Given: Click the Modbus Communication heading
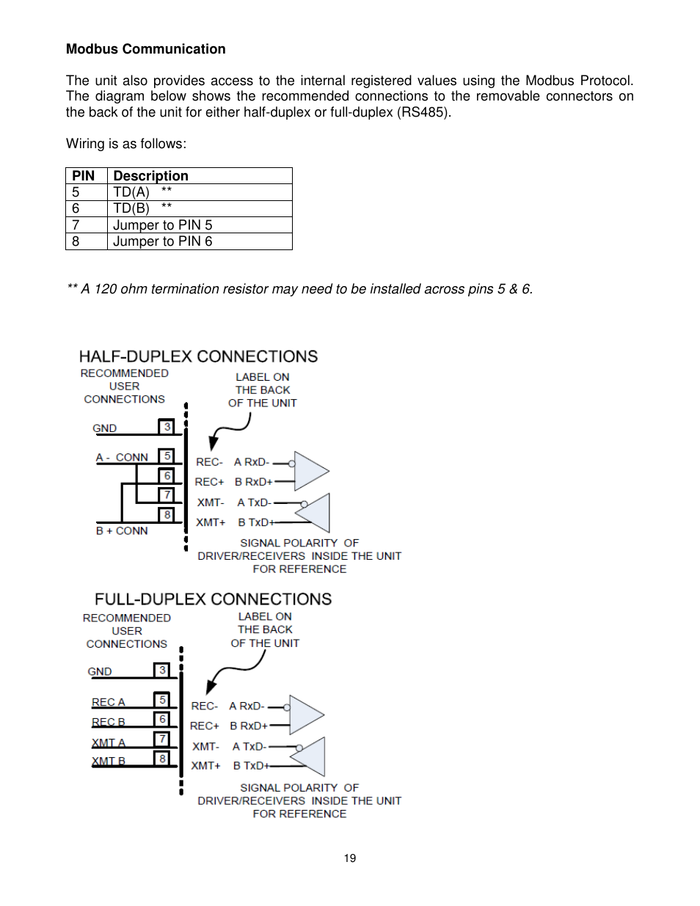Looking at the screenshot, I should [x=145, y=49].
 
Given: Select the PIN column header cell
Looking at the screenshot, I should [x=84, y=176].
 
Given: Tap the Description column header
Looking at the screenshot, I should [x=150, y=176].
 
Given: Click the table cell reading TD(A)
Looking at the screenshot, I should [x=132, y=192].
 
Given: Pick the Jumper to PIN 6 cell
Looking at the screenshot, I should [x=163, y=241].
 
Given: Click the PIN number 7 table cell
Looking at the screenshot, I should [x=76, y=225].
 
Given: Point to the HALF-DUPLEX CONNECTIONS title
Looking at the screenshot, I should [x=198, y=357].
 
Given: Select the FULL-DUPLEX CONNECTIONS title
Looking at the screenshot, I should [x=213, y=599].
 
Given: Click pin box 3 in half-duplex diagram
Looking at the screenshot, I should [x=167, y=427].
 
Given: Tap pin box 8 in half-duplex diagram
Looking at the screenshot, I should [x=167, y=515].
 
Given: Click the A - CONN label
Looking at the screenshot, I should [x=122, y=458].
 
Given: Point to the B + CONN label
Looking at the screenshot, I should [x=122, y=530].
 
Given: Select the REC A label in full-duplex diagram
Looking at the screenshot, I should [x=109, y=702].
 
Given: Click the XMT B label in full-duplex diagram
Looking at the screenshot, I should [x=109, y=761].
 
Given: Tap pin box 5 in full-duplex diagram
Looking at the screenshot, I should [x=162, y=700].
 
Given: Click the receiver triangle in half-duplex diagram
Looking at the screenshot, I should [x=310, y=471].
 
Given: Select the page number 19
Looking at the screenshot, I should [x=350, y=858].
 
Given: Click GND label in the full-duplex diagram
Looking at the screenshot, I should [x=100, y=671].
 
